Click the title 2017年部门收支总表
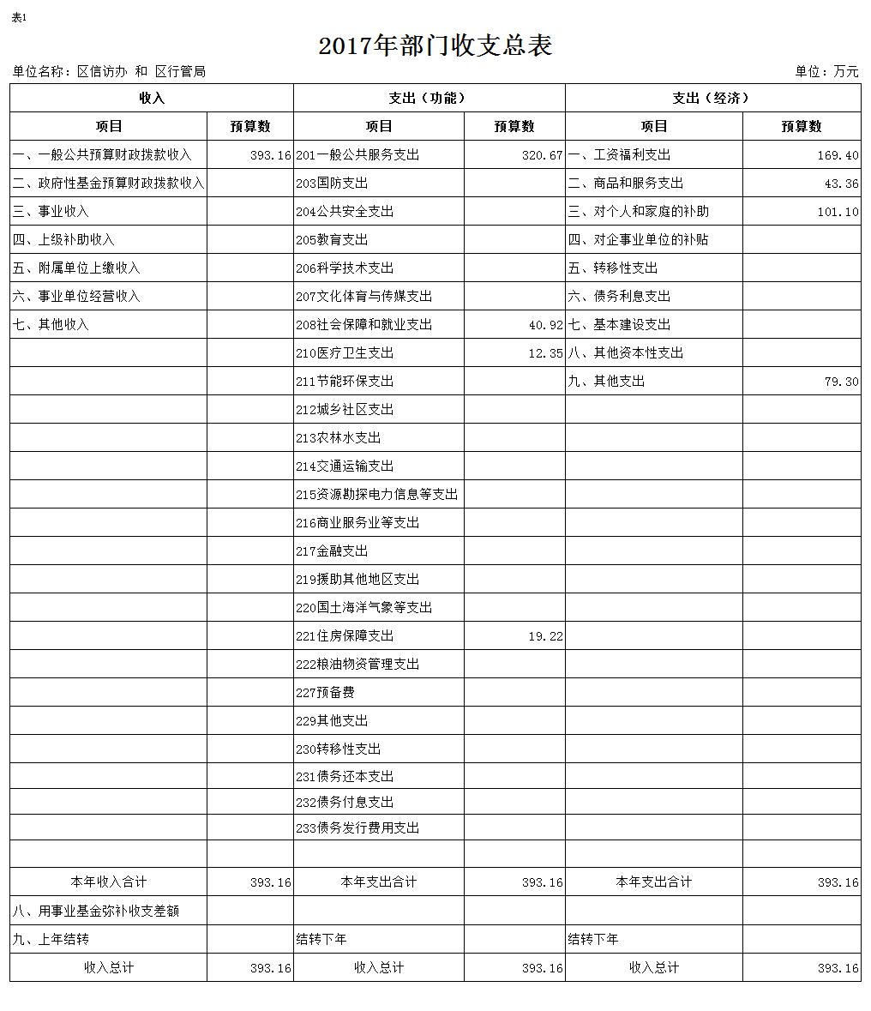coord(435,45)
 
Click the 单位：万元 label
coord(826,72)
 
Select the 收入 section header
coord(152,98)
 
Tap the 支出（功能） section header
coord(429,98)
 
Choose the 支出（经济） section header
coord(712,98)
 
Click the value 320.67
coord(542,155)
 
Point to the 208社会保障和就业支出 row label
coord(364,325)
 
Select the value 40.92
coord(545,325)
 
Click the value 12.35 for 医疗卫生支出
coord(545,353)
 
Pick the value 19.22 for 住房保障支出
coord(545,636)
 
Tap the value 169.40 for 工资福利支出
coord(838,155)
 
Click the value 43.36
coord(841,184)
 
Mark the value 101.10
coord(838,212)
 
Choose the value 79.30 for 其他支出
coord(841,382)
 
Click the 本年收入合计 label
coord(109,882)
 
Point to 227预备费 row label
coord(326,693)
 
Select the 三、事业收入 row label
coord(51,212)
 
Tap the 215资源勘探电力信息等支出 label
coord(377,495)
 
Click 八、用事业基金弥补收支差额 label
coord(96,911)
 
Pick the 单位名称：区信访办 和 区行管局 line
coord(109,72)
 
